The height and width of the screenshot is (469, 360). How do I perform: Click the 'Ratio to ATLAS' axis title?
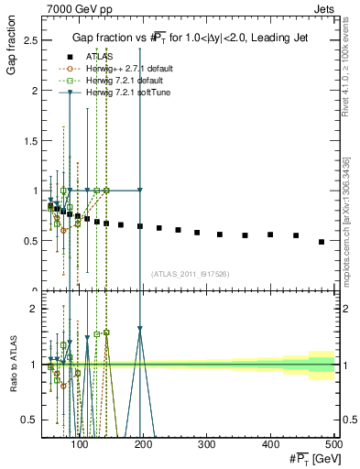pos(12,364)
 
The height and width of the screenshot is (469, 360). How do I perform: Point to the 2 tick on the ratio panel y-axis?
pos(34,309)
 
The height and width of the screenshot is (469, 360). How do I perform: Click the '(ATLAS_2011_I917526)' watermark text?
pos(191,274)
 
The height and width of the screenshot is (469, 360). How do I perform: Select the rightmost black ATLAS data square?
pos(322,242)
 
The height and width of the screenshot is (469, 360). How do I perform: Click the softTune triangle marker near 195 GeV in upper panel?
pos(140,191)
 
